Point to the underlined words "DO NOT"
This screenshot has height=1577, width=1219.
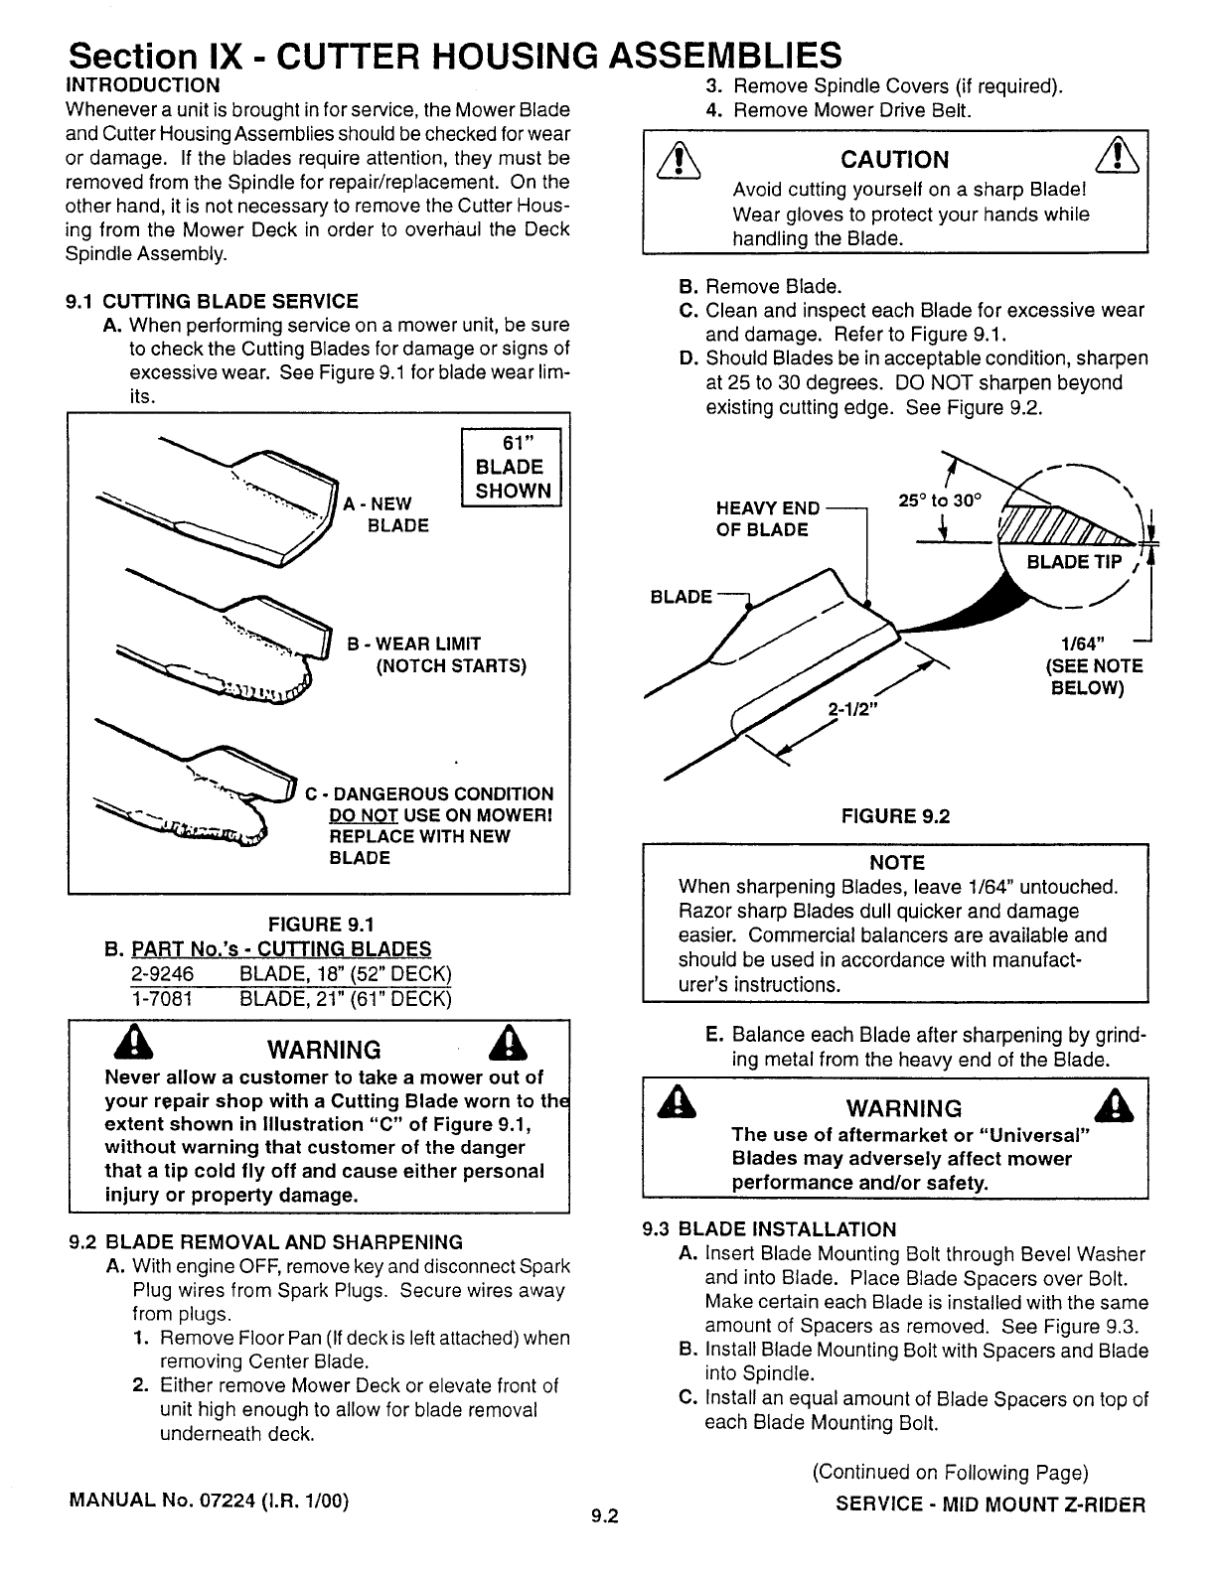click(364, 815)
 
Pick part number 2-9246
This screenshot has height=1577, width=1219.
click(162, 972)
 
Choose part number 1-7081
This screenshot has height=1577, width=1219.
click(162, 997)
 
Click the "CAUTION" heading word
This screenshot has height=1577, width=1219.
click(894, 160)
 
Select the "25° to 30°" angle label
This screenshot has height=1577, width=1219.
click(940, 502)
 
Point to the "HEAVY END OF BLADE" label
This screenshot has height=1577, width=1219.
click(767, 518)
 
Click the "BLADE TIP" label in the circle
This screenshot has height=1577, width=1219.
click(1074, 563)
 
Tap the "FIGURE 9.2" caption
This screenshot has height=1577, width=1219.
click(895, 816)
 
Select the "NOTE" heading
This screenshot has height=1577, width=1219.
click(896, 862)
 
